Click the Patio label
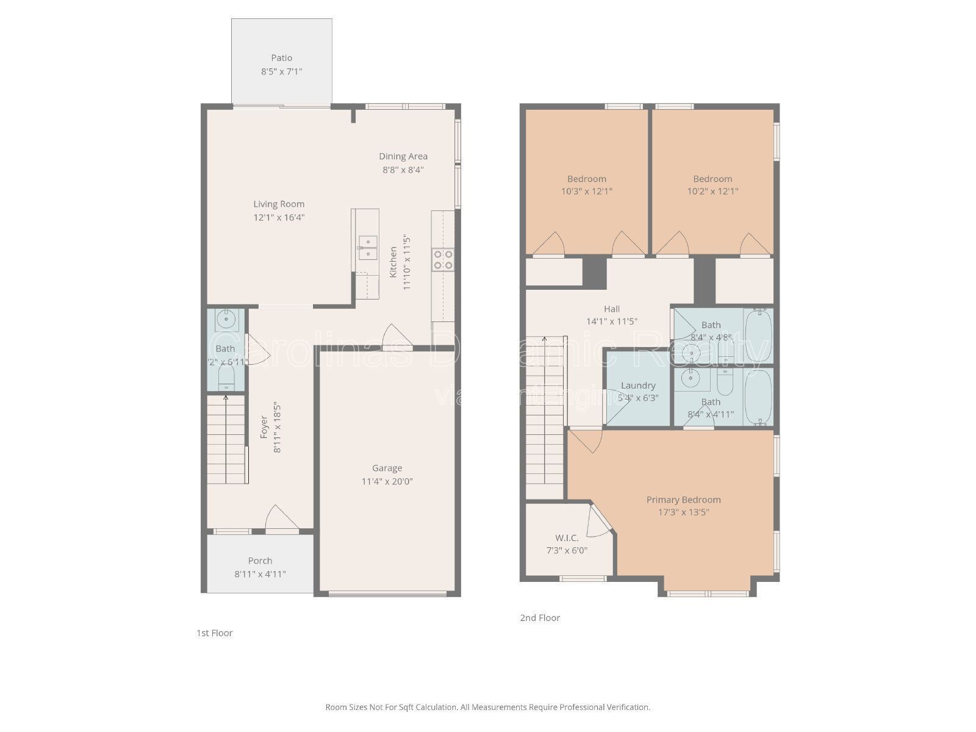281,58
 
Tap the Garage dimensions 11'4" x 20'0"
387,481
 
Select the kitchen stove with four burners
443,259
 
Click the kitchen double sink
368,248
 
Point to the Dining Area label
403,156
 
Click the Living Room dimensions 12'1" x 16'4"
279,217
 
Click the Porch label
260,561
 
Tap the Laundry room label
638,386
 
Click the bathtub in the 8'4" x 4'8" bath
758,335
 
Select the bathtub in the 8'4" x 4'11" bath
758,396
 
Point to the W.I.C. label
567,538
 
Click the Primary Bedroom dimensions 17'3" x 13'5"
683,512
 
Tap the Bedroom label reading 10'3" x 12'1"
587,179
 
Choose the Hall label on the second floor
612,309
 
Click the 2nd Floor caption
540,618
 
